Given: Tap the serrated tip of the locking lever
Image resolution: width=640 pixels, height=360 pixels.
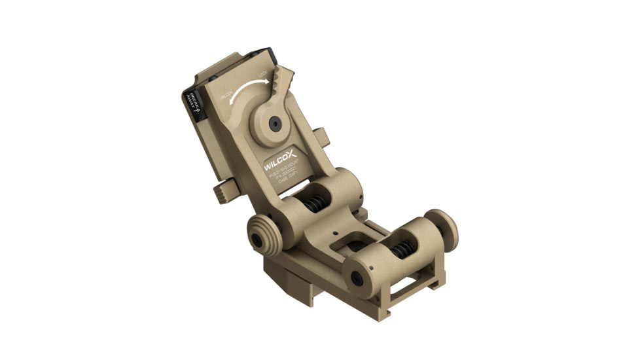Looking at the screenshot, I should click(283, 79).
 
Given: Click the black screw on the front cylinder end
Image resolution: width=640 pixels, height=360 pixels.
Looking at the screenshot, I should click(357, 278).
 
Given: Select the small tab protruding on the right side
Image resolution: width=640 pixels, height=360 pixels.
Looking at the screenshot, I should click(320, 138).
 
